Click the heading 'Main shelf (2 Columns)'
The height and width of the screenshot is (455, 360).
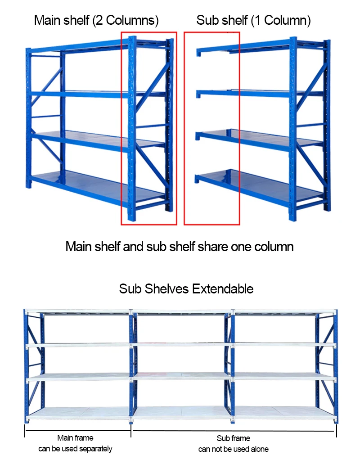click(x=96, y=20)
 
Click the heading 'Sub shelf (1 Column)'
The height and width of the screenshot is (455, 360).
click(x=253, y=20)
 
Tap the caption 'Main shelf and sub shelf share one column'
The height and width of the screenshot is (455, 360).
click(x=180, y=247)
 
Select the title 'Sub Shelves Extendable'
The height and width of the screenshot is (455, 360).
click(x=186, y=288)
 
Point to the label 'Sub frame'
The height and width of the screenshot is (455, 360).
click(x=233, y=438)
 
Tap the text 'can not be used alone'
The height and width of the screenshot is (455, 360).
click(x=233, y=449)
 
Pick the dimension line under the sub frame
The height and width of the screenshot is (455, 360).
click(x=234, y=430)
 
